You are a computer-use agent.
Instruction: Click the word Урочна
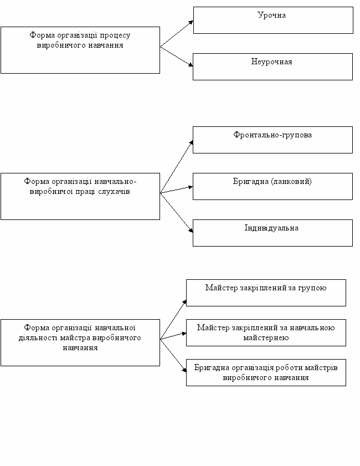click(x=271, y=16)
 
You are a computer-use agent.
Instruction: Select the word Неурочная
click(x=271, y=62)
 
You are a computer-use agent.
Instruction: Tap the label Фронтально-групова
click(x=272, y=135)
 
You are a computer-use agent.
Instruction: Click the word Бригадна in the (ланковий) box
click(x=251, y=181)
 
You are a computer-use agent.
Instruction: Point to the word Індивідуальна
click(x=271, y=228)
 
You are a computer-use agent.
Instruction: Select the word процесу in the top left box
click(x=115, y=35)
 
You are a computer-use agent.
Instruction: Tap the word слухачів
click(x=114, y=191)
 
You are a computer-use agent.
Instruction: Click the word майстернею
click(x=266, y=337)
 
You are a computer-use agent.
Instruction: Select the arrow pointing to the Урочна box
click(x=177, y=34)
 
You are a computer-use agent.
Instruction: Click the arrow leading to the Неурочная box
click(x=177, y=56)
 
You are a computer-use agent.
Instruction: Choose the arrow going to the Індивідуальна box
click(x=177, y=212)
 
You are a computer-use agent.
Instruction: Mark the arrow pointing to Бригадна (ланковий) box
click(x=177, y=190)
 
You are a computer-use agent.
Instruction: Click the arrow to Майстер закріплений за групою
click(x=173, y=320)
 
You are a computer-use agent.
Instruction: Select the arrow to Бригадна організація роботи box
click(x=173, y=355)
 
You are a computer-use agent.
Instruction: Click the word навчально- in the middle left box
click(x=115, y=182)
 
